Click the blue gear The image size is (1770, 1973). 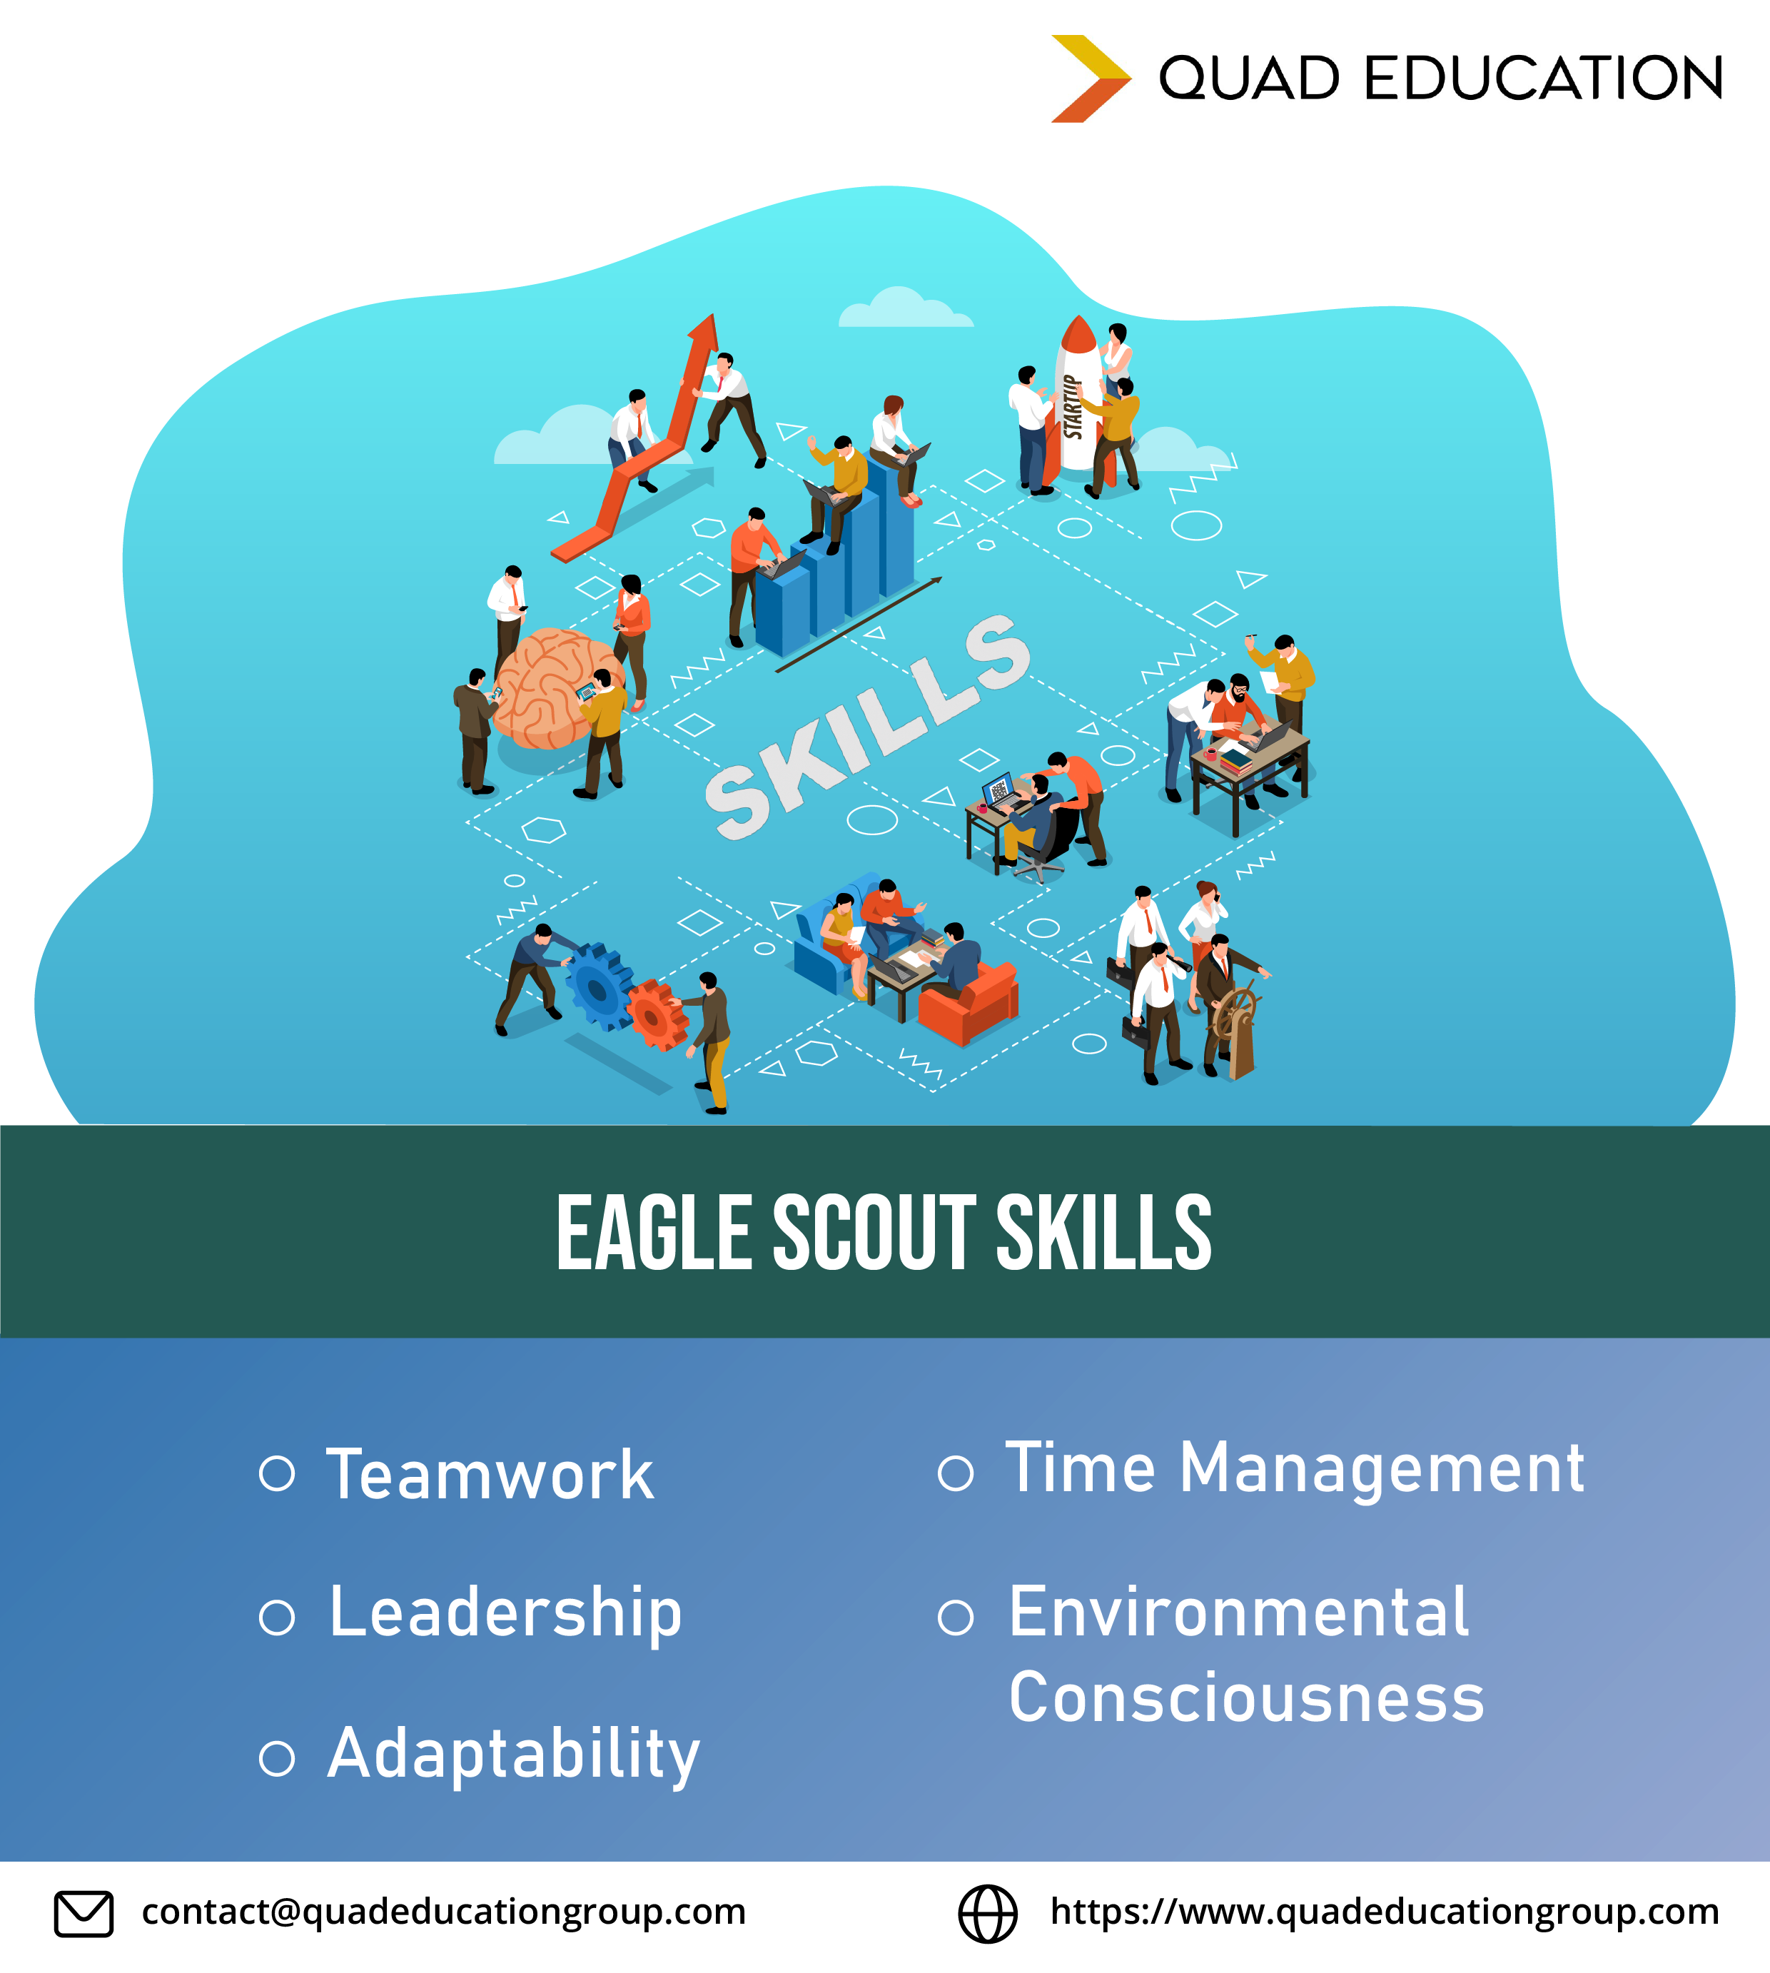(599, 986)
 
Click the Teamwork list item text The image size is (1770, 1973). (489, 1475)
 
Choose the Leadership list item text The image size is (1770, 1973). (506, 1615)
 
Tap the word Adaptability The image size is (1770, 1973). (513, 1756)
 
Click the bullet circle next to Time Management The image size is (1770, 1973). (955, 1473)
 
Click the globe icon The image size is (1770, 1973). (988, 1914)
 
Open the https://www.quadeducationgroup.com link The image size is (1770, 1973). (1385, 1912)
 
